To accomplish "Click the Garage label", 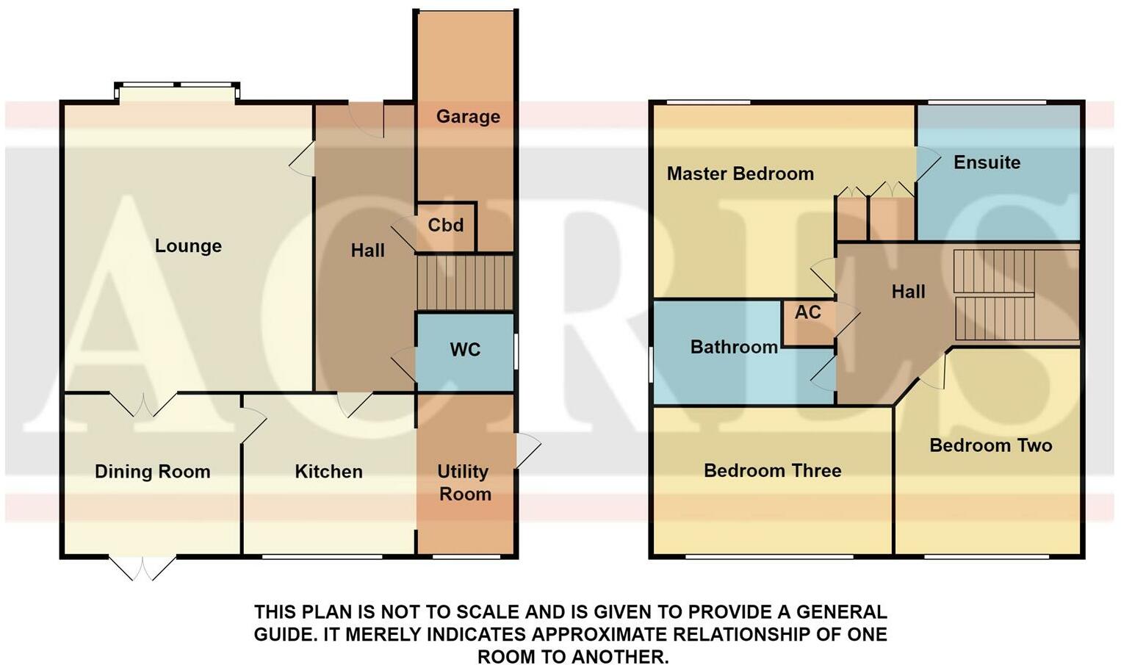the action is click(x=468, y=117).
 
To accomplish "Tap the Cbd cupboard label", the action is click(x=445, y=226).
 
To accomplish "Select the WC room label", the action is click(x=465, y=350).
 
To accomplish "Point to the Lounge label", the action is click(x=188, y=246).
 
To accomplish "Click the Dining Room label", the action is click(x=153, y=472).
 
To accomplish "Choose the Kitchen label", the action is click(x=329, y=472).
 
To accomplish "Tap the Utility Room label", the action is click(x=464, y=483).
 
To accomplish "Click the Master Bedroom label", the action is click(x=740, y=173).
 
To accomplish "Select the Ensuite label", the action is click(x=987, y=162).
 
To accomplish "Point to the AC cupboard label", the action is click(x=808, y=312).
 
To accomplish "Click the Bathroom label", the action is click(x=734, y=347).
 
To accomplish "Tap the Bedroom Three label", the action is click(x=773, y=471).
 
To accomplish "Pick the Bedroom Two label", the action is click(x=991, y=446).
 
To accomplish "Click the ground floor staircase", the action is click(x=465, y=282).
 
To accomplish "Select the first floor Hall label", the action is click(x=908, y=292).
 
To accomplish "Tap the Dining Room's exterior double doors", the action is click(x=143, y=568).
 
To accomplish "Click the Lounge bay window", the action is click(x=177, y=92).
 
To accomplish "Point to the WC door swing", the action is click(x=403, y=364).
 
